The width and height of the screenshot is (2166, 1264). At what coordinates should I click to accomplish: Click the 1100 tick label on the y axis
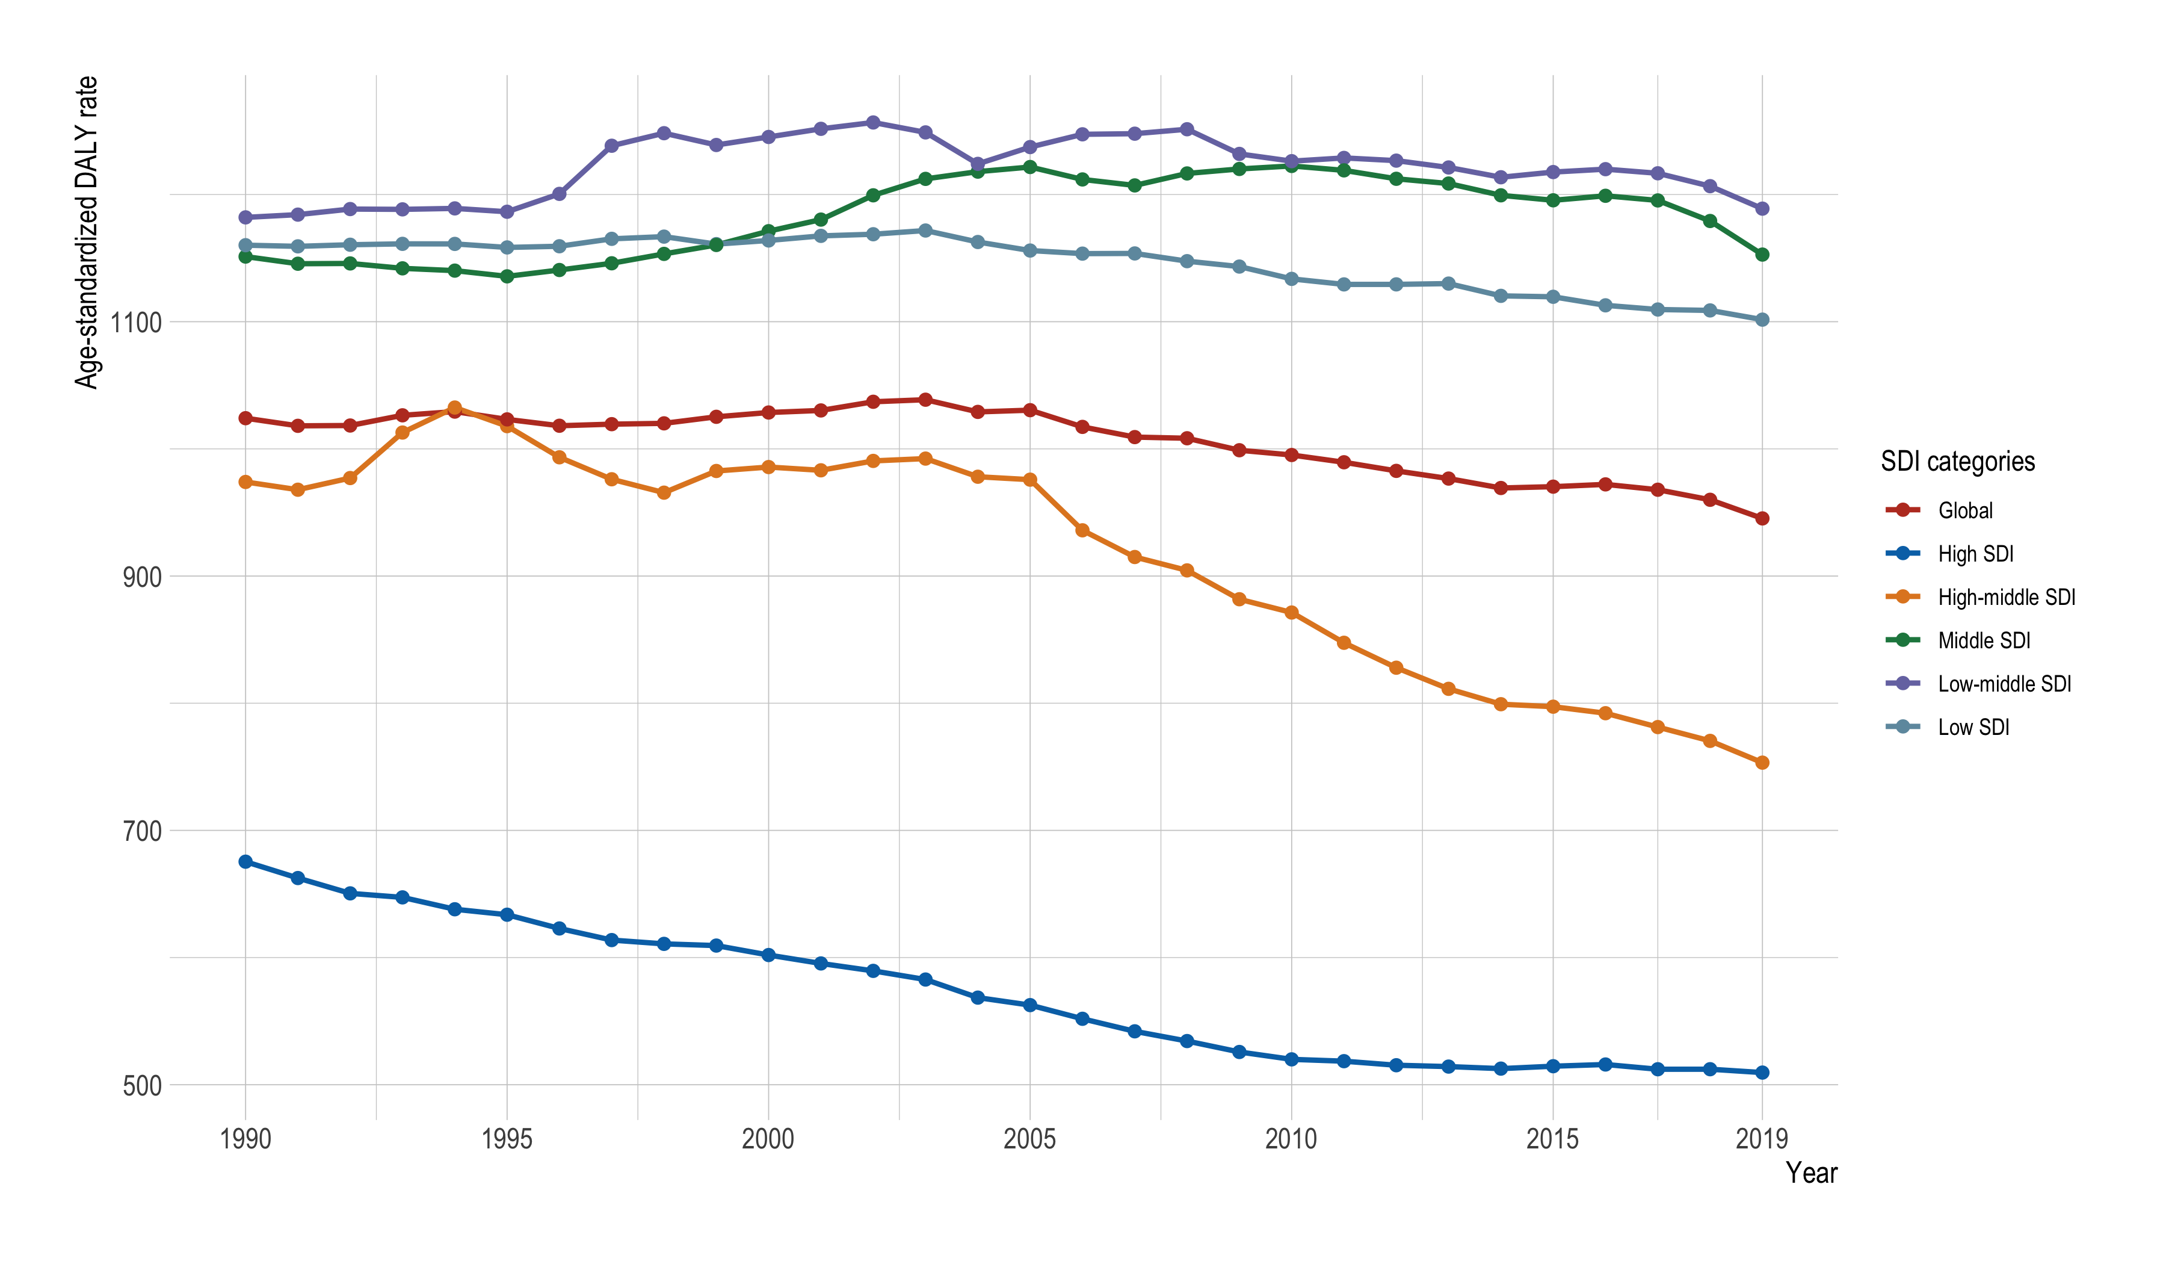tap(136, 323)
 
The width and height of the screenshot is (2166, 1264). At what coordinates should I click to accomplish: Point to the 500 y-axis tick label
tap(142, 1086)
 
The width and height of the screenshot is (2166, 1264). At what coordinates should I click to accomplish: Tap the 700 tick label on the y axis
tap(142, 831)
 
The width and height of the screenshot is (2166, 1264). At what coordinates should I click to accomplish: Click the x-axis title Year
tap(1811, 1173)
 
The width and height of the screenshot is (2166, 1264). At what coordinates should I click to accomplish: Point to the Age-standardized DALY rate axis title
tap(86, 232)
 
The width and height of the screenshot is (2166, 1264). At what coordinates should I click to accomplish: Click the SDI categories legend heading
tap(1957, 462)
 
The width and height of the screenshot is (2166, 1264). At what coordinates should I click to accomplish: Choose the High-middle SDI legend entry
tap(2005, 598)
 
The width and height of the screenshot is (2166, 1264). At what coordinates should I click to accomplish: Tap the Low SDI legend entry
tap(1973, 728)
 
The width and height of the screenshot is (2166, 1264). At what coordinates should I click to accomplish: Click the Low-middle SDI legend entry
tap(2004, 684)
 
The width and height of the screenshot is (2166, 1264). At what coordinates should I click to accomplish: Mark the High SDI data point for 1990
tap(246, 861)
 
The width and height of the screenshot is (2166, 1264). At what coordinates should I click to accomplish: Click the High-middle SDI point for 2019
tap(1762, 763)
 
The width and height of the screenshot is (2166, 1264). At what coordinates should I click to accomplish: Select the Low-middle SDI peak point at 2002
tap(873, 122)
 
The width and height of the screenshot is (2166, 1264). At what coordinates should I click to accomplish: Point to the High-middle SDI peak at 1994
tap(455, 407)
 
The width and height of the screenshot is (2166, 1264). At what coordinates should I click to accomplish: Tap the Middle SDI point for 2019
tap(1762, 255)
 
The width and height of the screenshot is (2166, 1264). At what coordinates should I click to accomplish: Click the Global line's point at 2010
tap(1291, 455)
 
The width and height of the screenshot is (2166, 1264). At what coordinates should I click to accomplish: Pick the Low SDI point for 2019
tap(1762, 320)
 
